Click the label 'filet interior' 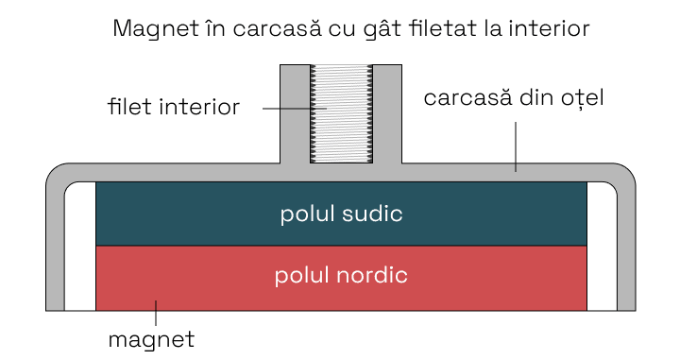pyautogui.click(x=174, y=106)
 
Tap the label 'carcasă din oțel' pyautogui.click(x=513, y=97)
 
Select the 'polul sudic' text pyautogui.click(x=341, y=214)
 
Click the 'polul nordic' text pyautogui.click(x=341, y=276)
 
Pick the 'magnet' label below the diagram pyautogui.click(x=151, y=337)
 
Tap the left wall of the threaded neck pyautogui.click(x=295, y=113)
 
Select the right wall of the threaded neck pyautogui.click(x=388, y=113)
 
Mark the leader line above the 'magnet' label pyautogui.click(x=156, y=313)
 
